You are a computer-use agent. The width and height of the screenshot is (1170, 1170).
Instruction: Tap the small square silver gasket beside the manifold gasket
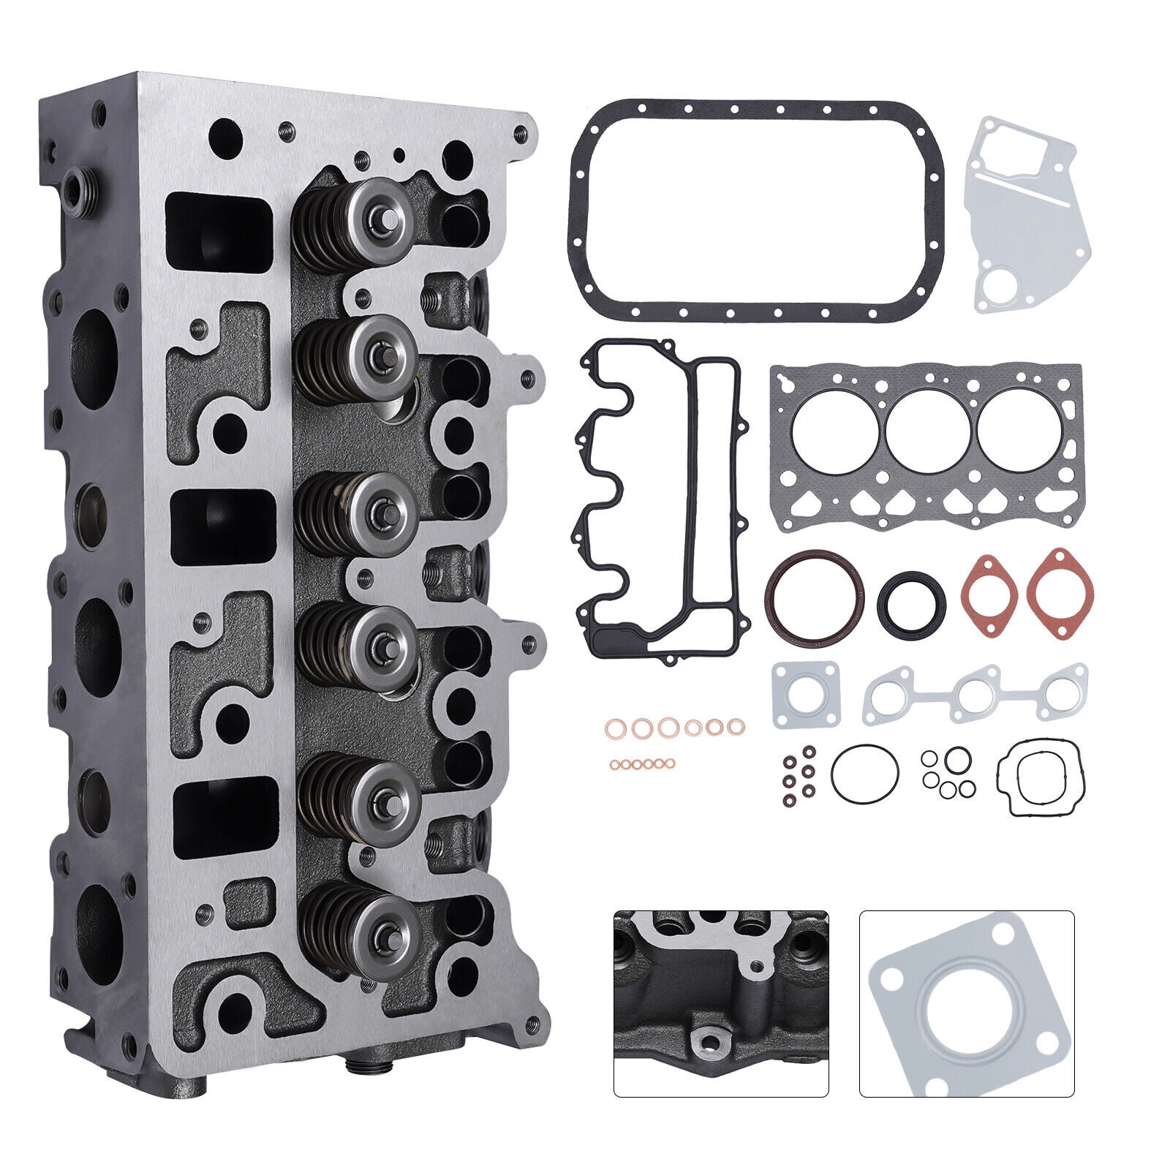coord(805,695)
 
